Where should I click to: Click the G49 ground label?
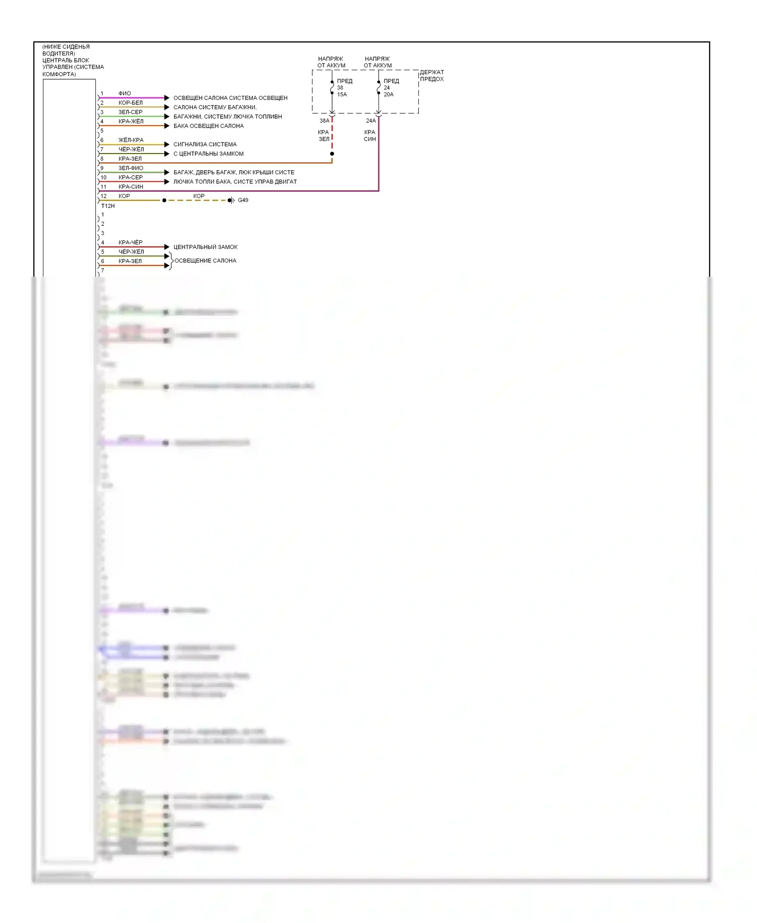[243, 200]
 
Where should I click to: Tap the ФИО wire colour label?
[125, 93]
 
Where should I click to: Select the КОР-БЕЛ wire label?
[130, 103]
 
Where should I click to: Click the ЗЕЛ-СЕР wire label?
[130, 112]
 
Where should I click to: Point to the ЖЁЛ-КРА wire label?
[131, 140]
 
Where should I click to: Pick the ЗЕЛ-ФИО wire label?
[131, 168]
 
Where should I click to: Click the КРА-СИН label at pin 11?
[131, 187]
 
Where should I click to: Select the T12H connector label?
[107, 206]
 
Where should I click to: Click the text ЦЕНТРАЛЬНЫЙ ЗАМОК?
[205, 247]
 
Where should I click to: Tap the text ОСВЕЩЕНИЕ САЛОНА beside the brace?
[205, 261]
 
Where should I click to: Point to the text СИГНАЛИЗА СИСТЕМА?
[205, 144]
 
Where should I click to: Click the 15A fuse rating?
[342, 94]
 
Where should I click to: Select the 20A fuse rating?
[388, 94]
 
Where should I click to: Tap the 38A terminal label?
[324, 121]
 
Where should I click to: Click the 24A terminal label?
[370, 121]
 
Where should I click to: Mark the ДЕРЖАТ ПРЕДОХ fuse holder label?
[431, 76]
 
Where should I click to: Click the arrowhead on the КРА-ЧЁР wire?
[167, 247]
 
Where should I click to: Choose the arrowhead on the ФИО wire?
[167, 98]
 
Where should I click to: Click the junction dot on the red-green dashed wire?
[332, 153]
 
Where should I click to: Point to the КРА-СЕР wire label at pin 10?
[131, 178]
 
